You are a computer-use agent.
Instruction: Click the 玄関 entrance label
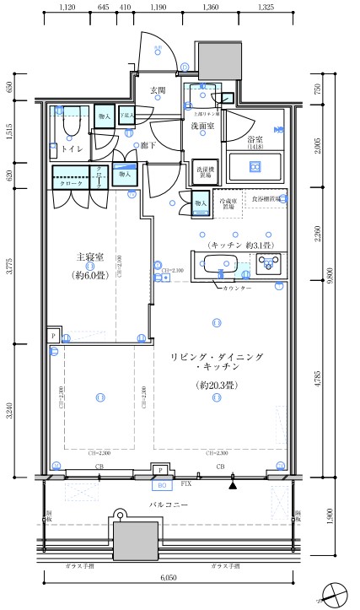158,90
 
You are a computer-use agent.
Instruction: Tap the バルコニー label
169,504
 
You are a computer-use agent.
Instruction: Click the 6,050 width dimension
169,579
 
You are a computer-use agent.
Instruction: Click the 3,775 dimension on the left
10,272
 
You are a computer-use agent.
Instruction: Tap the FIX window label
186,485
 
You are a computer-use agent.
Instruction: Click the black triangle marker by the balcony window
233,484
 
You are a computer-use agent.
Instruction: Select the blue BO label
160,485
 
